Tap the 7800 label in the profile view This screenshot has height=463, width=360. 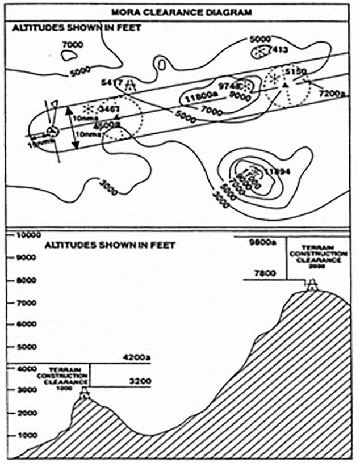click(x=265, y=273)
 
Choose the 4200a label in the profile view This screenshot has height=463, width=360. click(x=136, y=357)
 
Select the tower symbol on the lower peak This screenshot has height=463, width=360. click(x=85, y=393)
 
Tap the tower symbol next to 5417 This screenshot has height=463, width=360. click(x=131, y=85)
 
